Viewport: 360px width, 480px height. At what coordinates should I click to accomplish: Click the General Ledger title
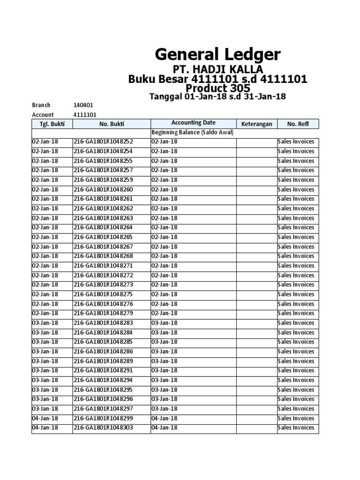(x=218, y=55)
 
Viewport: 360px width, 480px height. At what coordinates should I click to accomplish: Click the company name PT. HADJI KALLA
(x=217, y=70)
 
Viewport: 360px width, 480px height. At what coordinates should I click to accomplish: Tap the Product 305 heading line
(x=217, y=88)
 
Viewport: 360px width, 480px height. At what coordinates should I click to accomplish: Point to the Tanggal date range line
(x=217, y=97)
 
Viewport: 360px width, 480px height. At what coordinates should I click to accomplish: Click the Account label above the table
(x=43, y=115)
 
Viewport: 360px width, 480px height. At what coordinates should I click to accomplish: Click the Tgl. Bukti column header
(x=52, y=124)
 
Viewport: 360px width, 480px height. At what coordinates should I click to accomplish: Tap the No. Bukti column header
(x=111, y=124)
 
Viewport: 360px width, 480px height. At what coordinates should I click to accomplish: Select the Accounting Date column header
(x=193, y=123)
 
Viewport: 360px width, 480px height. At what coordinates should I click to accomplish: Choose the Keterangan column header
(x=256, y=124)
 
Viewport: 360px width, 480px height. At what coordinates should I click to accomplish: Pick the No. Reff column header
(x=298, y=124)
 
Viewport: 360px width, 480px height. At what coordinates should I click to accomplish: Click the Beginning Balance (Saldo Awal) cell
(x=192, y=133)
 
